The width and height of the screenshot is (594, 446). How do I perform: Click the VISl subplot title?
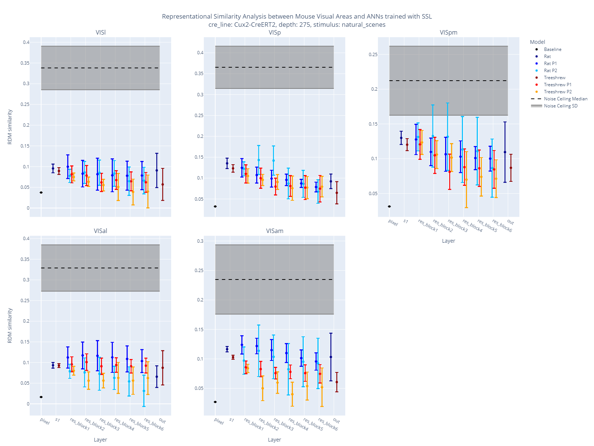(x=101, y=32)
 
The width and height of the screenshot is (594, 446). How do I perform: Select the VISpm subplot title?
(x=448, y=32)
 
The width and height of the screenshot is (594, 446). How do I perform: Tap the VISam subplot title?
(x=275, y=231)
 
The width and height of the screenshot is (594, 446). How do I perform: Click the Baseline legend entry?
(x=552, y=49)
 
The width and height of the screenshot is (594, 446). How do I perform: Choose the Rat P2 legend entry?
(x=550, y=71)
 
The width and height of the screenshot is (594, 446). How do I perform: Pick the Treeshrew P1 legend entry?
(x=557, y=85)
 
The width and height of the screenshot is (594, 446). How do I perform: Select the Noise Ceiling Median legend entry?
(x=565, y=99)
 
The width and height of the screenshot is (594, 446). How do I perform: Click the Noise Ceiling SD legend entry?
(x=561, y=106)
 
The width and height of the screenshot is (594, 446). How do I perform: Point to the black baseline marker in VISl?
(x=41, y=193)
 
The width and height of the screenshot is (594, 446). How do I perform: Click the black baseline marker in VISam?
(x=215, y=402)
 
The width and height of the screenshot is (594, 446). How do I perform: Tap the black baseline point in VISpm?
(x=389, y=206)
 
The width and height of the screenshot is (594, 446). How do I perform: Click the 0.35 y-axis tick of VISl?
(x=25, y=63)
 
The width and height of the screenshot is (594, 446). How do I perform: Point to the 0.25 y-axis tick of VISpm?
(x=373, y=55)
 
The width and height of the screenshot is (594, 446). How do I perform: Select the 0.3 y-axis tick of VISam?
(x=200, y=241)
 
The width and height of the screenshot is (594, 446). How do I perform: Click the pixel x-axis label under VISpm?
(x=393, y=223)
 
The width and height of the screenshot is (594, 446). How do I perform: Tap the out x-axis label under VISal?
(x=162, y=421)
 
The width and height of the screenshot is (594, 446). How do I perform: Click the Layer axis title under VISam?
(x=274, y=440)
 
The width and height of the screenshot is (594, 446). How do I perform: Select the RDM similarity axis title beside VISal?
(x=10, y=325)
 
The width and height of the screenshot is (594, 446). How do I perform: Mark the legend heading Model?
(x=537, y=42)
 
